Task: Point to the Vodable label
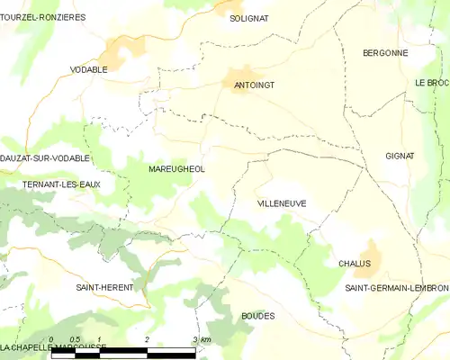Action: click(x=89, y=69)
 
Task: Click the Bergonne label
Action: click(x=385, y=53)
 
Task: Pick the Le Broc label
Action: click(x=432, y=83)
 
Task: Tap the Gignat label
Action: click(x=400, y=156)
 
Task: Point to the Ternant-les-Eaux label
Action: click(x=61, y=184)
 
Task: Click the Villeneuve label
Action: click(x=282, y=203)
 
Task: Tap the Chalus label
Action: click(x=355, y=263)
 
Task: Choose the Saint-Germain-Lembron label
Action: click(x=397, y=287)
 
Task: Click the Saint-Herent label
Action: click(x=104, y=287)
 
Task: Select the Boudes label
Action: click(x=258, y=316)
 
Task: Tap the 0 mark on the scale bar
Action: click(x=52, y=340)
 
